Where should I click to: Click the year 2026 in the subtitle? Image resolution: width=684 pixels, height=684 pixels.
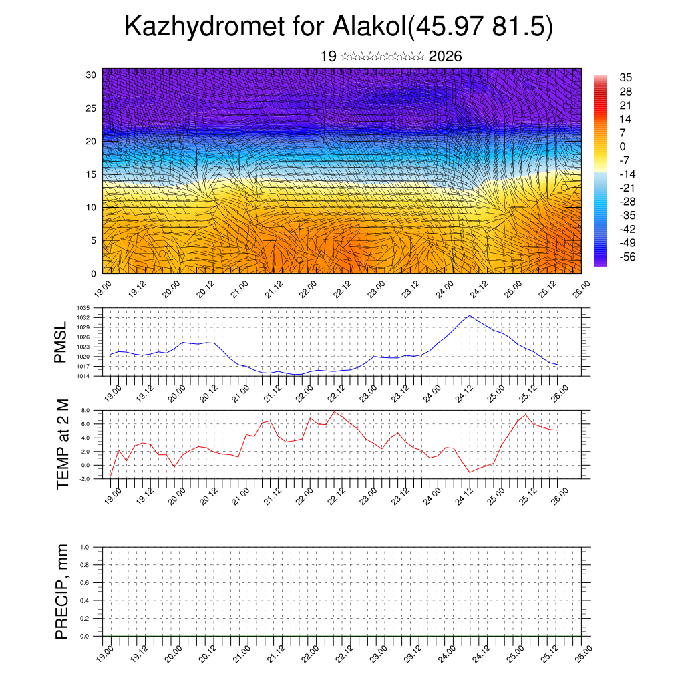click(x=445, y=57)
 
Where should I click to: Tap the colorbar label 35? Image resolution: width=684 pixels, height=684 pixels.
click(x=626, y=77)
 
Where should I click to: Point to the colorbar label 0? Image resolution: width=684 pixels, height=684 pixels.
click(x=623, y=146)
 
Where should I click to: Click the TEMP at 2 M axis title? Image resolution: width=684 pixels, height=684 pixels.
click(x=63, y=444)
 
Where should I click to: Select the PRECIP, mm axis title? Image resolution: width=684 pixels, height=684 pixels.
click(x=63, y=591)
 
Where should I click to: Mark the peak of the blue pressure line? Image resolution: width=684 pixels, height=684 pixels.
click(x=470, y=315)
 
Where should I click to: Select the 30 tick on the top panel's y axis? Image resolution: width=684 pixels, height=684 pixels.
click(x=92, y=75)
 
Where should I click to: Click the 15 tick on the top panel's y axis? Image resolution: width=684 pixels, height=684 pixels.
click(x=92, y=174)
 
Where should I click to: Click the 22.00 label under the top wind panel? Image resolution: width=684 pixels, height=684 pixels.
click(x=309, y=289)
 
